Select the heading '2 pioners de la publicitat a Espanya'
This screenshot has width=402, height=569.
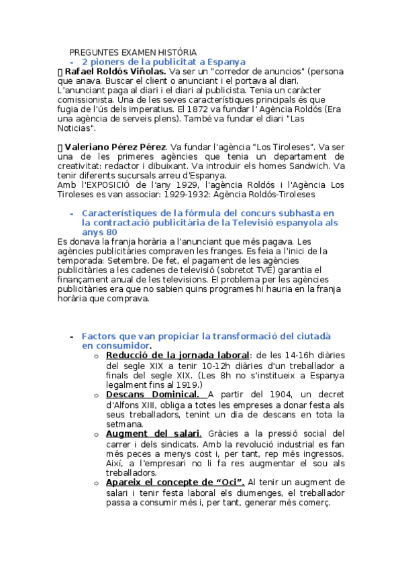click(x=164, y=62)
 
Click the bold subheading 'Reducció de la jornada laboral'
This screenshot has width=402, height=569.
click(x=177, y=355)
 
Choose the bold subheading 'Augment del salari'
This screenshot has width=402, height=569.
click(x=153, y=433)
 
